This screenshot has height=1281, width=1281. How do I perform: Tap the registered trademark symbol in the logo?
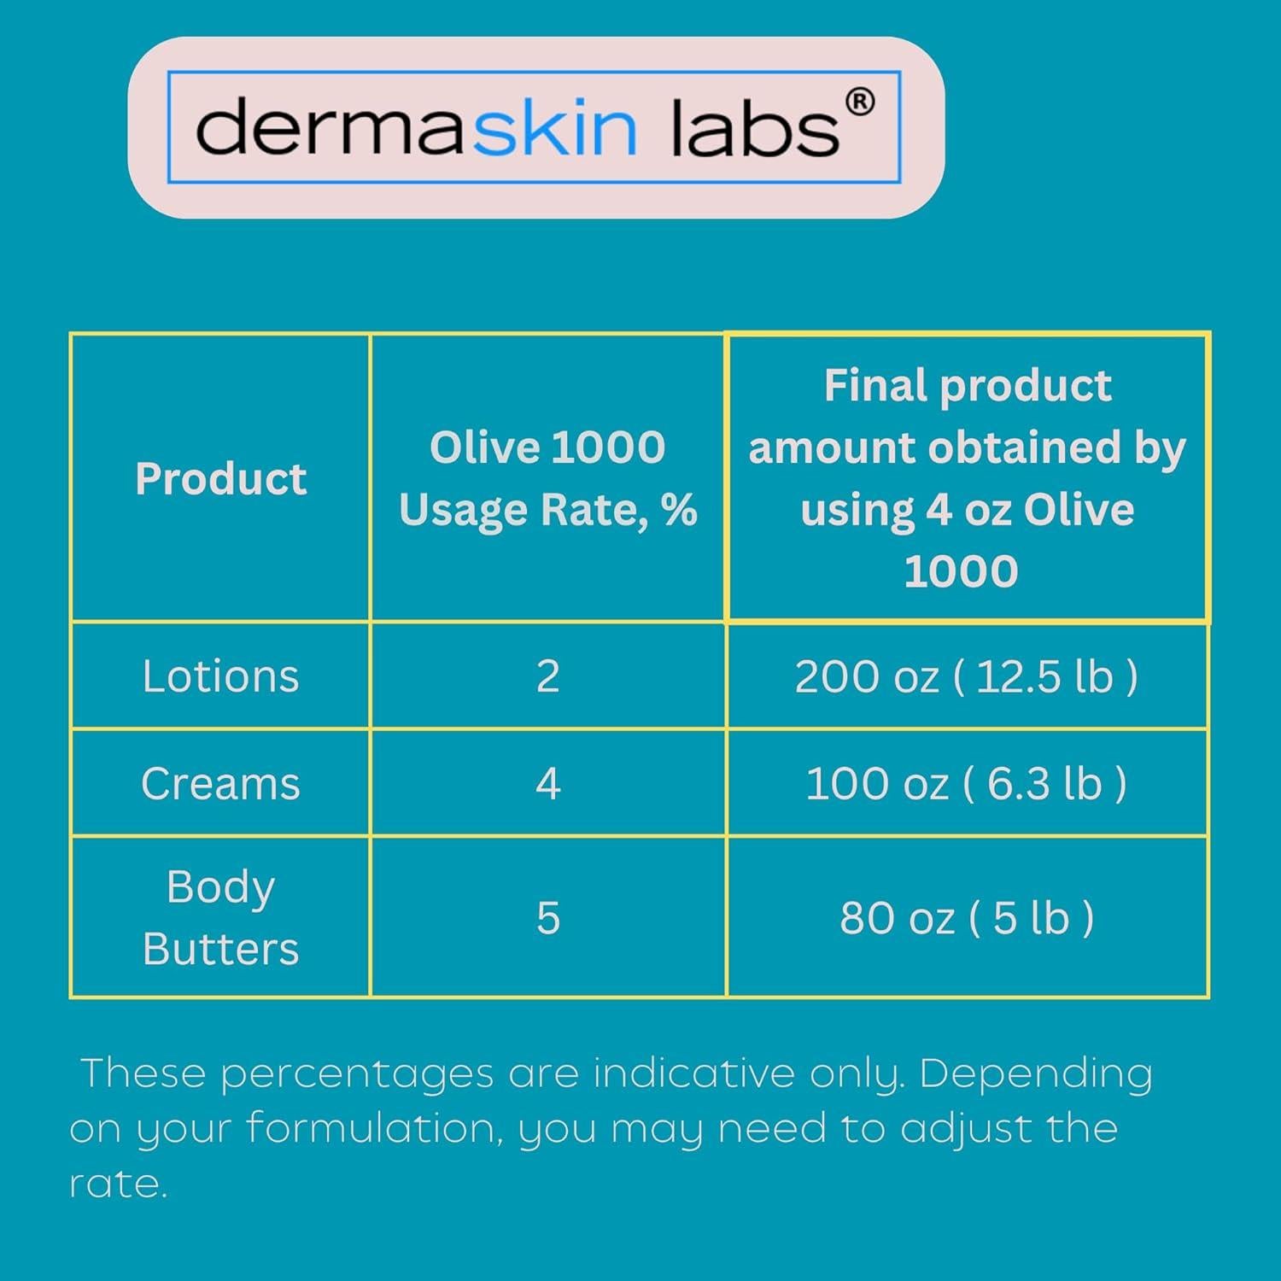pos(859,102)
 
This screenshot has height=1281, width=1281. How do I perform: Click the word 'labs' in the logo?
pos(755,128)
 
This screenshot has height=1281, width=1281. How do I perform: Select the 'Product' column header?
pos(220,478)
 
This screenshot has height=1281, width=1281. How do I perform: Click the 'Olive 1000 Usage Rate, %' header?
pos(547,478)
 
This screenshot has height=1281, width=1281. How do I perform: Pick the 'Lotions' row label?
pos(220,676)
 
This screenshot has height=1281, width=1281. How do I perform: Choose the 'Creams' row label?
pos(220,783)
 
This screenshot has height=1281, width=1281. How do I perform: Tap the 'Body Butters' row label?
pos(220,917)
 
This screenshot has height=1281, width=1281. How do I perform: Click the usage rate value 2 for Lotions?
pos(547,676)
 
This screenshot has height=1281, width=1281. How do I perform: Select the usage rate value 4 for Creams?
pos(547,783)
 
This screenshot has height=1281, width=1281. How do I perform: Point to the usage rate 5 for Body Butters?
pos(547,918)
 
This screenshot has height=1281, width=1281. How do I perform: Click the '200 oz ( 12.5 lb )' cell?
pos(966,676)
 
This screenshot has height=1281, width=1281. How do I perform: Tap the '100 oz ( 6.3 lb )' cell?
pos(966,783)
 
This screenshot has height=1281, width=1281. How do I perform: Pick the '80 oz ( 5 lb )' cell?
pos(966,918)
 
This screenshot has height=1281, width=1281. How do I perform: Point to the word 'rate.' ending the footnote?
pos(118,1184)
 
